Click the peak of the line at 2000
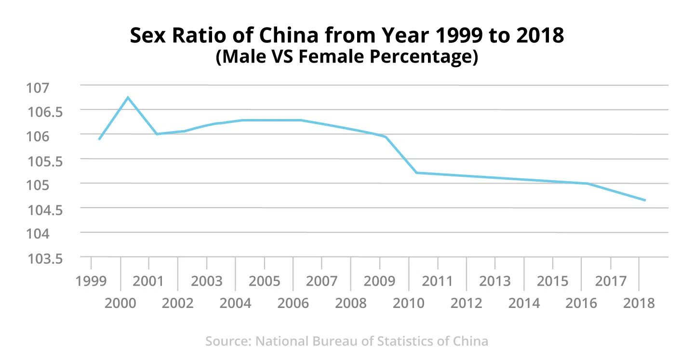(x=128, y=97)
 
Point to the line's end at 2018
(x=645, y=200)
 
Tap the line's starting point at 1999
(x=99, y=139)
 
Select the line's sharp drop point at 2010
(x=416, y=173)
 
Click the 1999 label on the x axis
(x=91, y=281)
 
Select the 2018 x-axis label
(x=639, y=303)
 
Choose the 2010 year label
(x=409, y=303)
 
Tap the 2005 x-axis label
(x=264, y=281)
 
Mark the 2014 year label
(x=524, y=303)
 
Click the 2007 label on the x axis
(x=321, y=281)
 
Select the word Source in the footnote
(x=227, y=341)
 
